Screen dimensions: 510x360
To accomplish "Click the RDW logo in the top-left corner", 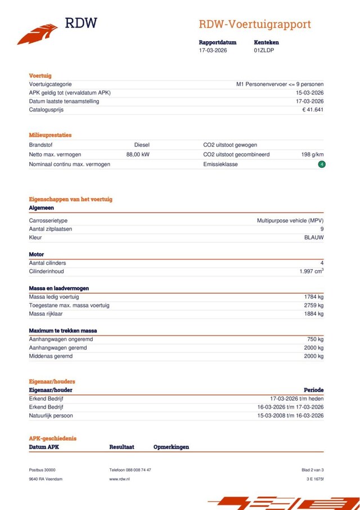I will click(x=56, y=29).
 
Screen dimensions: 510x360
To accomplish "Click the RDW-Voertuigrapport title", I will click(x=254, y=24).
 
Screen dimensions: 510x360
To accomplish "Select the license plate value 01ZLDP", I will click(x=264, y=50).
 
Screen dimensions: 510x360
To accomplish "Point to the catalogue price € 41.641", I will click(x=313, y=110).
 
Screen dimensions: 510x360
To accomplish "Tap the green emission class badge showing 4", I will click(x=322, y=164).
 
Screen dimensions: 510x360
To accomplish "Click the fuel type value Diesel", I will click(x=142, y=145).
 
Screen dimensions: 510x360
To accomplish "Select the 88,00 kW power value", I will click(x=138, y=154).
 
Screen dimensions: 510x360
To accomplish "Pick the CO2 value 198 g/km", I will click(x=313, y=154).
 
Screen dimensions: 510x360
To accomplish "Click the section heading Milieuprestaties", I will click(x=50, y=135).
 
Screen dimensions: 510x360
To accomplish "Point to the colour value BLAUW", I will click(x=314, y=238).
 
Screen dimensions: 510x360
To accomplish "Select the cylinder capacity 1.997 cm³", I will click(x=312, y=271).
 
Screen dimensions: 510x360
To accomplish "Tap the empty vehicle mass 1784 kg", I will click(x=313, y=297).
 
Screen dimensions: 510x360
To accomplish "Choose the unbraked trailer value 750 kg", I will click(x=315, y=339).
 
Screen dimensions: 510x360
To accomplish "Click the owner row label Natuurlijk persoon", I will click(x=51, y=415).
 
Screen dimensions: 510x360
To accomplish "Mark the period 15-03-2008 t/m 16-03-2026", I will click(x=289, y=415).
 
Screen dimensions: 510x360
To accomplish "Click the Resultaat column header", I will click(x=121, y=447).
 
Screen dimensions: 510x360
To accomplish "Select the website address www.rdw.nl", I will click(x=119, y=478).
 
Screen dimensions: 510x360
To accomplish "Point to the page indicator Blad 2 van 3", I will click(x=313, y=469).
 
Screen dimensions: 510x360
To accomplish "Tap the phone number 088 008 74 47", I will click(x=138, y=469).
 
